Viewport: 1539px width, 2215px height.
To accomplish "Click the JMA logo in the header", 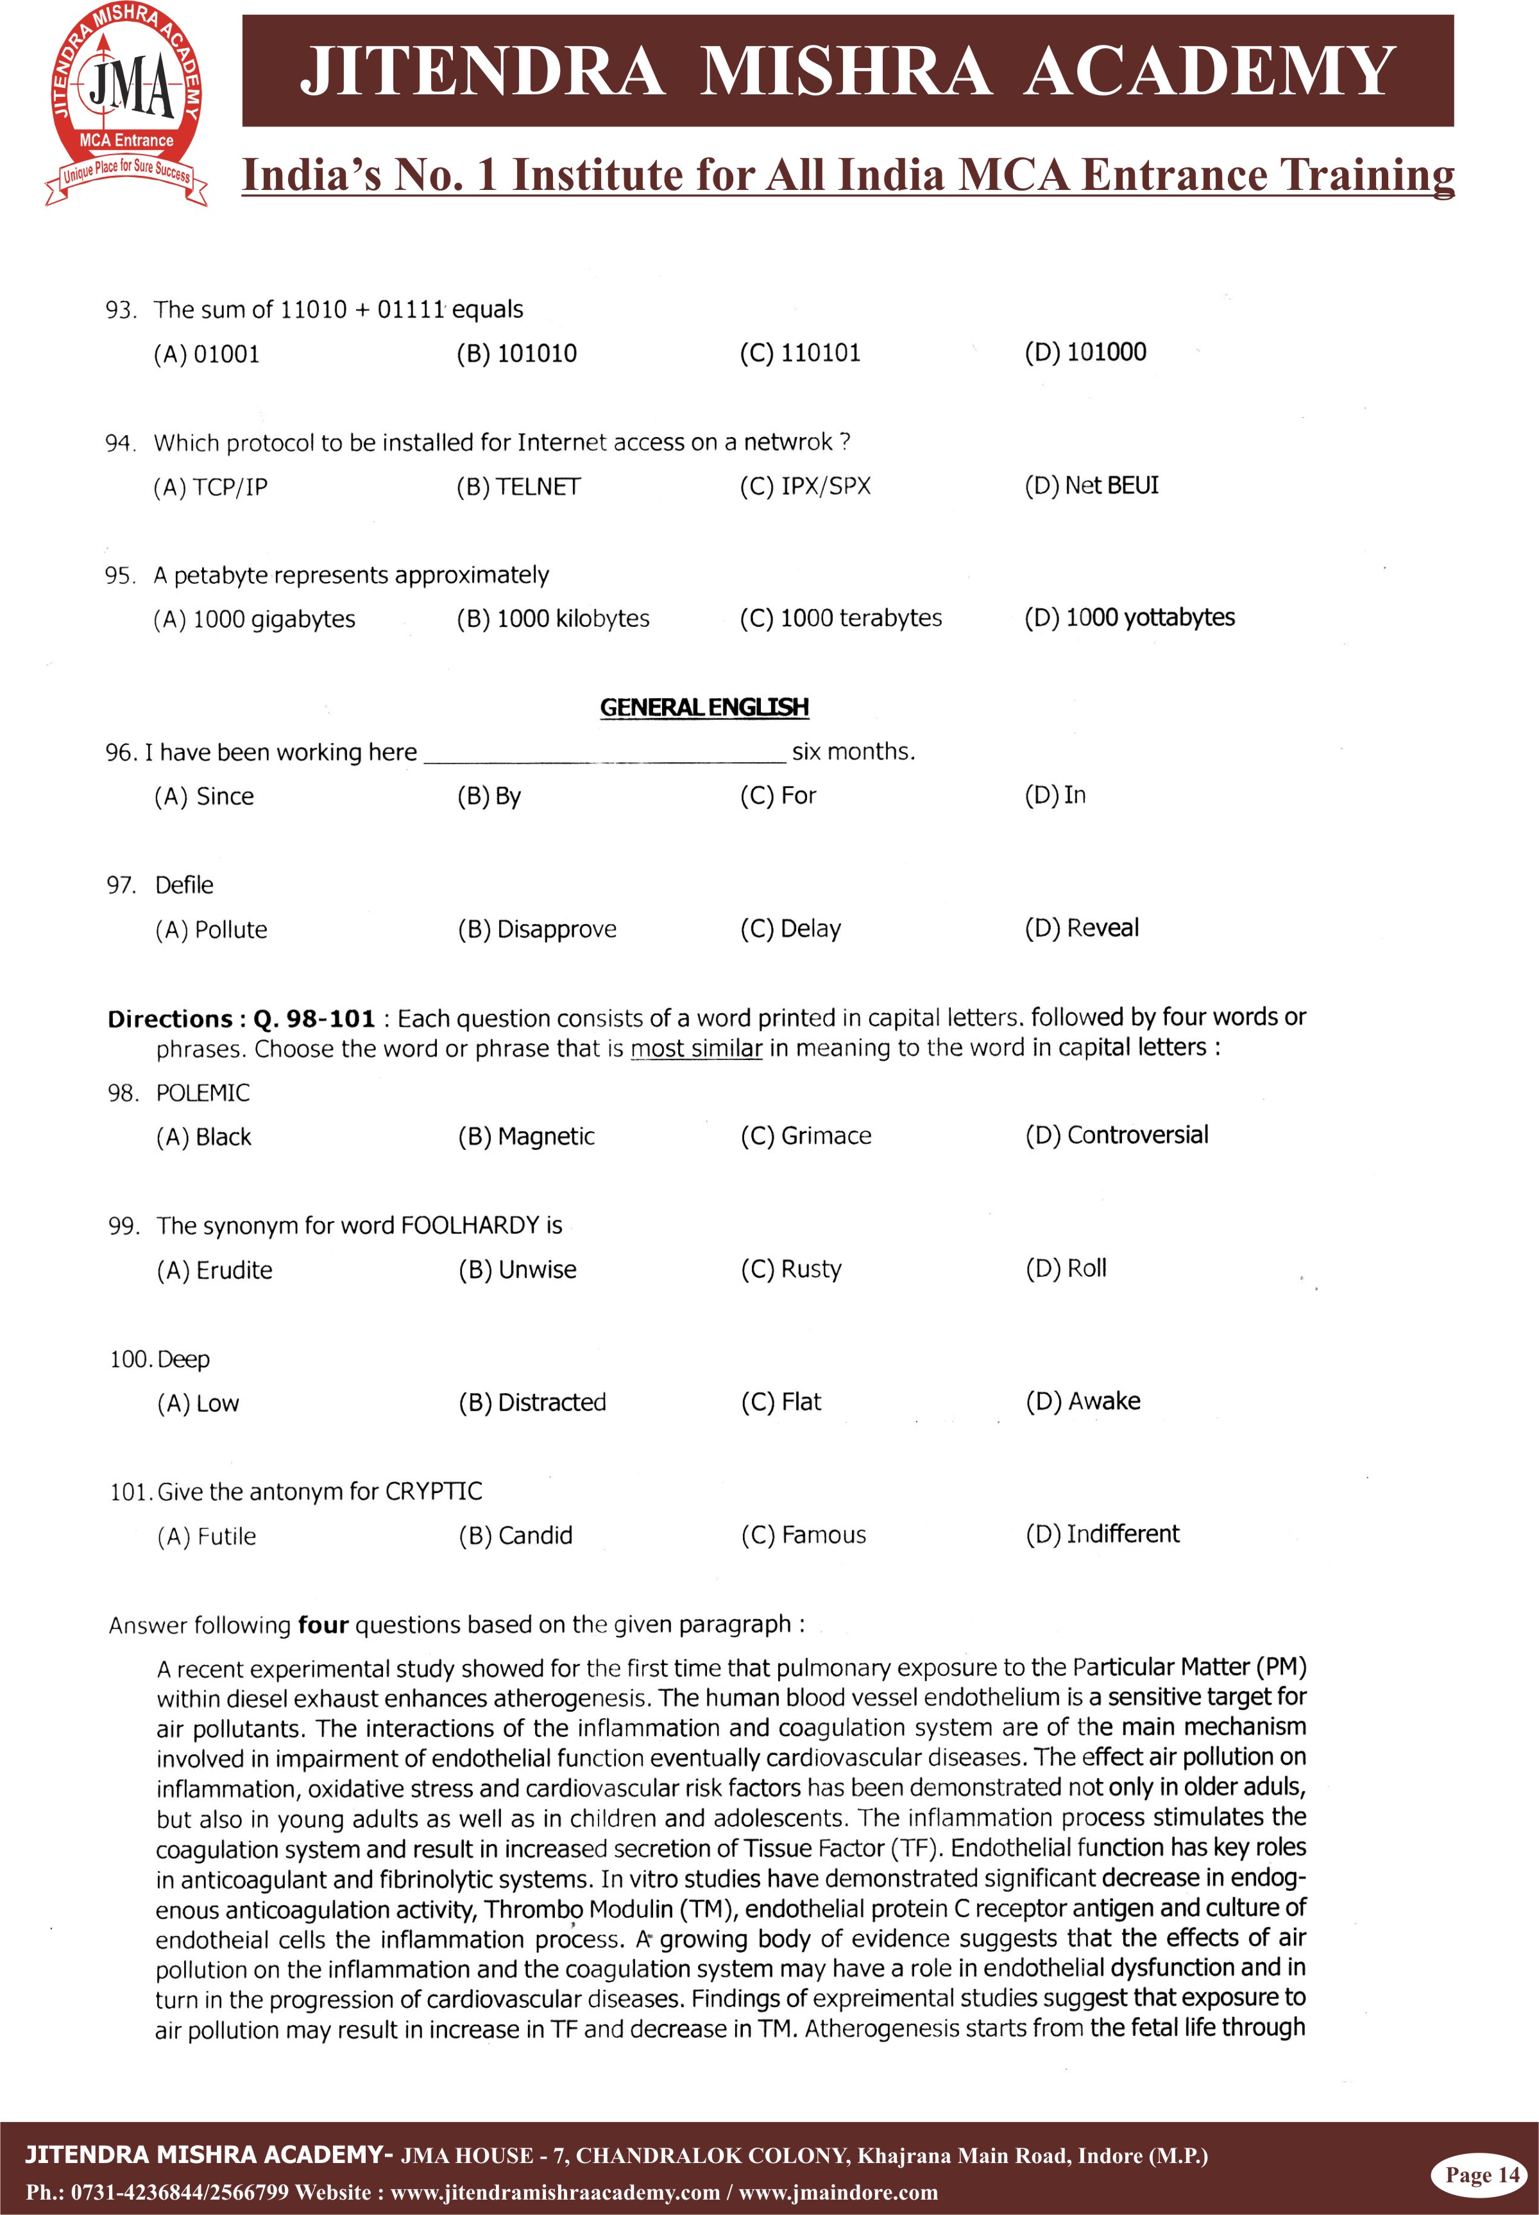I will tap(126, 104).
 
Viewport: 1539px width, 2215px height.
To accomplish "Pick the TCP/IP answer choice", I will tap(210, 487).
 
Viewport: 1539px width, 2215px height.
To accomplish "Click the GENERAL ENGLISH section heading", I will tap(704, 707).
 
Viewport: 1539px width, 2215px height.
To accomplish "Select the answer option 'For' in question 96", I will tap(778, 796).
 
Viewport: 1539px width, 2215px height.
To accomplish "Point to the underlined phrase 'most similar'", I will tap(696, 1048).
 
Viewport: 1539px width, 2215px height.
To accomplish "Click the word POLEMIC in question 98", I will tap(203, 1093).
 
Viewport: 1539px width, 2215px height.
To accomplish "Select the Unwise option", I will tap(517, 1269).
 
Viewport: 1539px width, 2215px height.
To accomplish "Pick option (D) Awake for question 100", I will tap(1082, 1401).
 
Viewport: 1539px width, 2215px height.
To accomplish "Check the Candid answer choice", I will tap(515, 1535).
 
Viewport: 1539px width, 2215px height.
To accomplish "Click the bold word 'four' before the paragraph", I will tap(323, 1625).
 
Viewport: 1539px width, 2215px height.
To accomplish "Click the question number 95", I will tap(119, 576).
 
